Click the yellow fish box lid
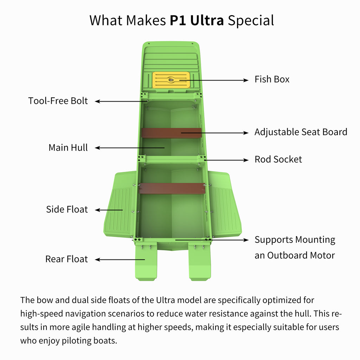(x=171, y=80)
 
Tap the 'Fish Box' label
(x=272, y=79)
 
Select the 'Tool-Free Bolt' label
(x=58, y=101)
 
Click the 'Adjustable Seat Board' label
(x=301, y=132)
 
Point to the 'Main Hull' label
(x=68, y=148)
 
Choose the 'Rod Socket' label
(x=278, y=159)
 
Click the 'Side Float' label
(x=67, y=210)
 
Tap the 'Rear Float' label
(x=66, y=259)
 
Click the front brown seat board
(x=172, y=133)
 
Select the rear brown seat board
(x=172, y=188)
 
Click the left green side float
(x=120, y=204)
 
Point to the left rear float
(x=146, y=261)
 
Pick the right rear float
(x=200, y=261)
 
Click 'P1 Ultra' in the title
(x=197, y=20)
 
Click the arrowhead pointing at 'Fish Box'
(x=246, y=80)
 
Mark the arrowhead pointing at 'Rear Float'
(x=98, y=260)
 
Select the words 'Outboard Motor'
(x=301, y=255)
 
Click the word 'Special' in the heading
(x=251, y=21)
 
